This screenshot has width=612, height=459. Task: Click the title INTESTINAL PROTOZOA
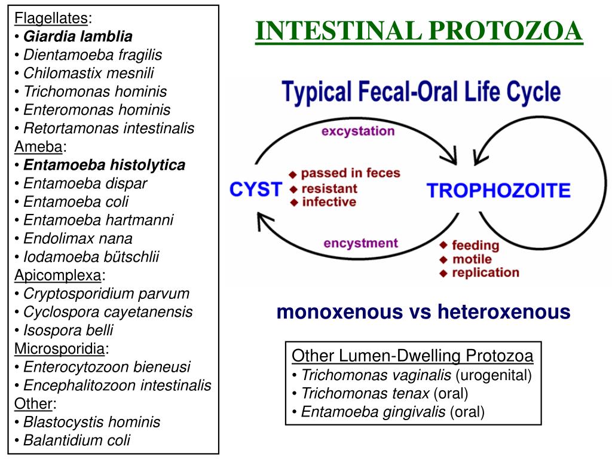418,31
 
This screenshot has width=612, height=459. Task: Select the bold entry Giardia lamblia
78,36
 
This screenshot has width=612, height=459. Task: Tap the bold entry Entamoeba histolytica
104,165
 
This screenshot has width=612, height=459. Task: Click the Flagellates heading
51,18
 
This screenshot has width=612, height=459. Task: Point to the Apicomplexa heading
57,276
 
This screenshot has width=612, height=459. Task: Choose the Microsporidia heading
60,348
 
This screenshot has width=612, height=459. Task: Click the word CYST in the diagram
255,190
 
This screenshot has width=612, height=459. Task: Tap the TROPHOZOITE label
498,191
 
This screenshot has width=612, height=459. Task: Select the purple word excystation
358,131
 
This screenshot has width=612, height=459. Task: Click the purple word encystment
360,243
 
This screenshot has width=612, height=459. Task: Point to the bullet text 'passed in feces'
350,173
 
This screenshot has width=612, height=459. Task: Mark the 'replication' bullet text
485,273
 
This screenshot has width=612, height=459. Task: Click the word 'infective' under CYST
329,202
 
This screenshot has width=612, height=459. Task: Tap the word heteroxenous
503,311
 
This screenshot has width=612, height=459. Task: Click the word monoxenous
339,311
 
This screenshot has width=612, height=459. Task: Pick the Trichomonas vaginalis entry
376,375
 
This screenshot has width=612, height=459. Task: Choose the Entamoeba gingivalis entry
373,412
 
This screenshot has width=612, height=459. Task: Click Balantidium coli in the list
76,440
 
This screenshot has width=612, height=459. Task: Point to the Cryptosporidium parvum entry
106,293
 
